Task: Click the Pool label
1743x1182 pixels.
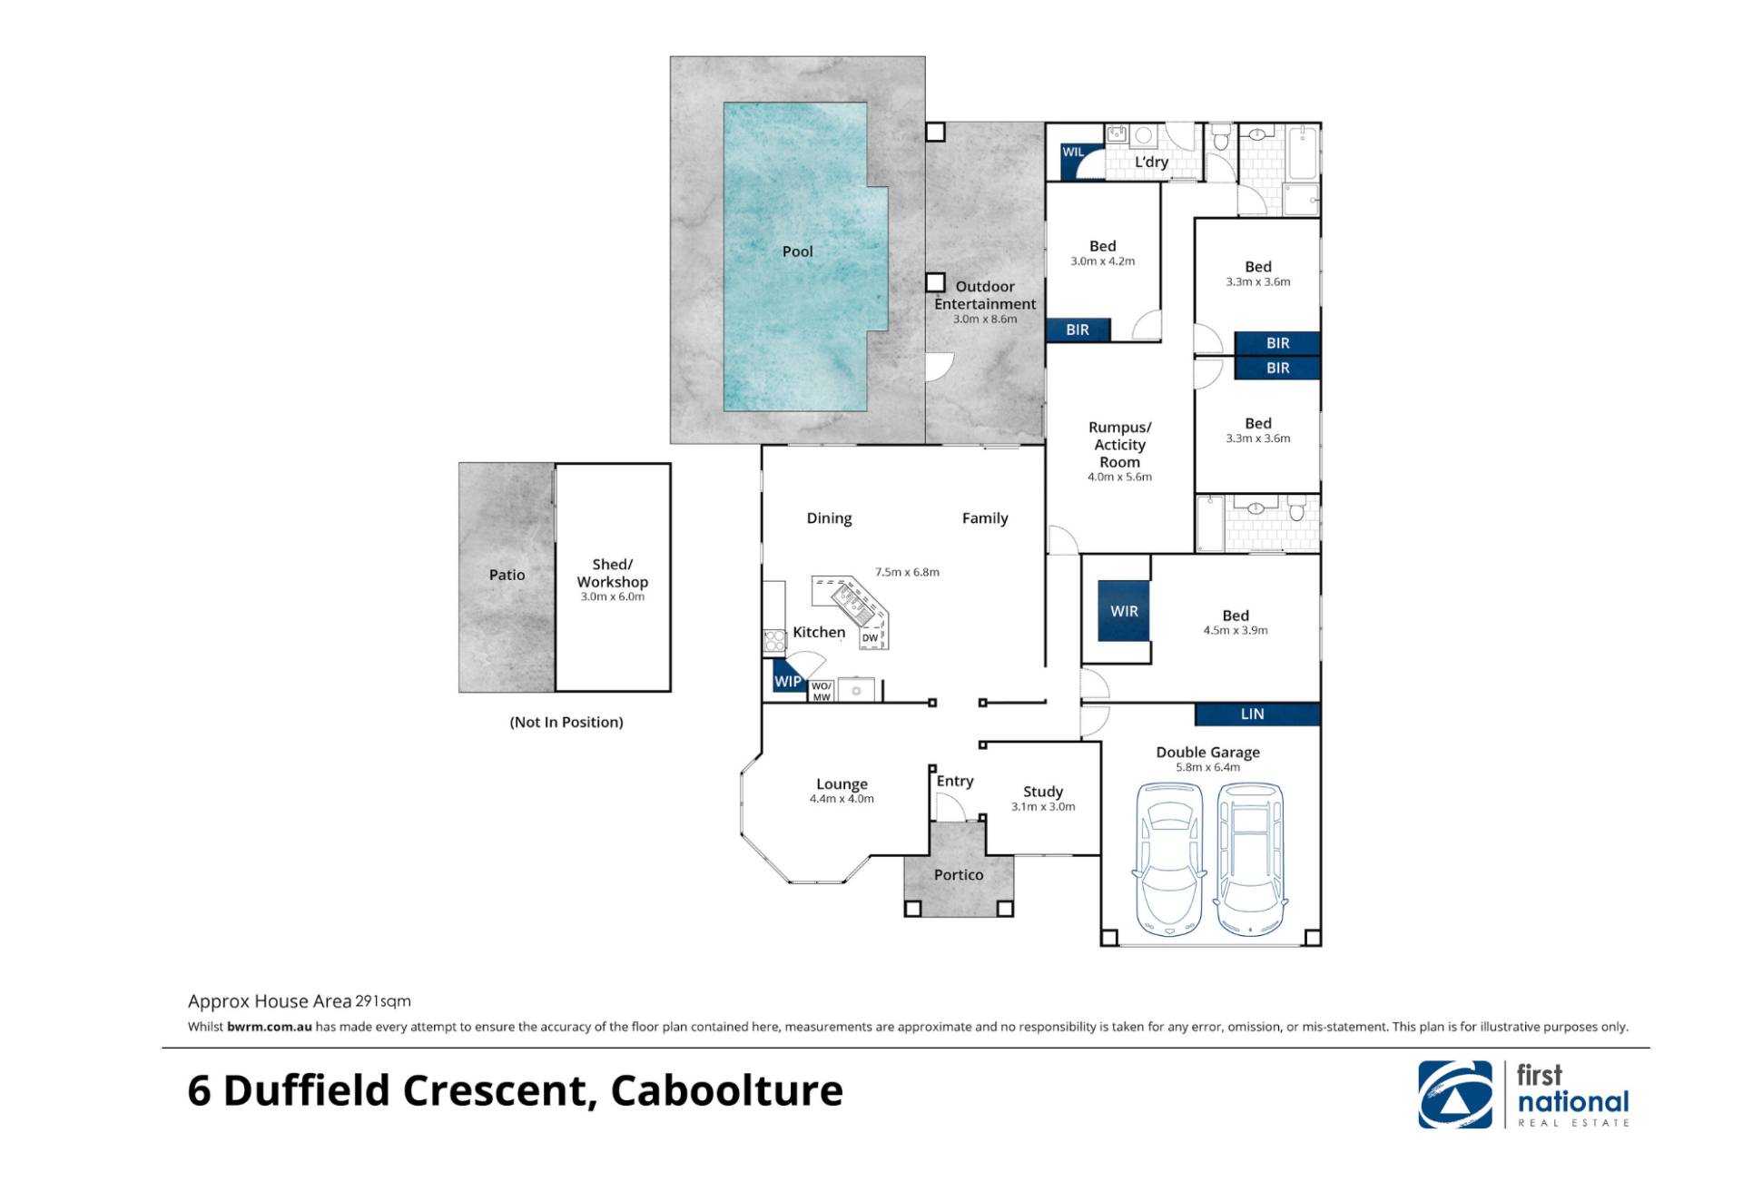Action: (x=797, y=251)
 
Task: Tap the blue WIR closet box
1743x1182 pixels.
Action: (x=1124, y=611)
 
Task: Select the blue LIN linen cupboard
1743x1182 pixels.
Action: (x=1257, y=714)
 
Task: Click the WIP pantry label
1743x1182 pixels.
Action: (x=787, y=681)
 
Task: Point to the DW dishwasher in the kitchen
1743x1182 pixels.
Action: (x=870, y=637)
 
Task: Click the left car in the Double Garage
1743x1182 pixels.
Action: (x=1169, y=859)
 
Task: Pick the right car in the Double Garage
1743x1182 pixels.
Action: (x=1250, y=859)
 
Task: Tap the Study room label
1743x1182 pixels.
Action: (x=1043, y=792)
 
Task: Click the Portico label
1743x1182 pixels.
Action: (x=959, y=875)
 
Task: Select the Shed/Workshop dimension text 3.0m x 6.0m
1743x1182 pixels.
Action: (x=613, y=596)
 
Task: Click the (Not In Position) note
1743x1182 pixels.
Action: (x=566, y=722)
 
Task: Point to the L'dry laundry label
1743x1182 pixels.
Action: (x=1151, y=162)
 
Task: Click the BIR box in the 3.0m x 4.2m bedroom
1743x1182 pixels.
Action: (x=1078, y=330)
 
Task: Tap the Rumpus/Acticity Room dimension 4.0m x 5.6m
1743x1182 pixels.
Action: (x=1119, y=477)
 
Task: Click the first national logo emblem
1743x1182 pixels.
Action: (x=1455, y=1094)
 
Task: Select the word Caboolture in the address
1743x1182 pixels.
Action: (x=726, y=1090)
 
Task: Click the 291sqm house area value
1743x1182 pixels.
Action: (x=383, y=1000)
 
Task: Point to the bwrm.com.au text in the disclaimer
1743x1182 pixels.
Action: (x=270, y=1027)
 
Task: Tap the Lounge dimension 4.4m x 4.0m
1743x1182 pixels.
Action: (x=842, y=799)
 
